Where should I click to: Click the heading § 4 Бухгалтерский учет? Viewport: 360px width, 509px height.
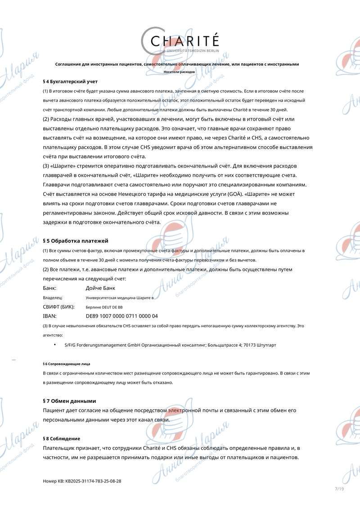click(70, 81)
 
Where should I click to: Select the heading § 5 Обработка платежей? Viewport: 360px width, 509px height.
click(75, 241)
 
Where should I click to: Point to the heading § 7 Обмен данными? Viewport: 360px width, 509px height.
click(69, 401)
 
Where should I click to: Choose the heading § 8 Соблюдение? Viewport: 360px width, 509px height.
click(61, 438)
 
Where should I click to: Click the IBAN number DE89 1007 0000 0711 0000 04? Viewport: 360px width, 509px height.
click(121, 316)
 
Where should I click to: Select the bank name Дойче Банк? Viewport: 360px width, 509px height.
click(100, 288)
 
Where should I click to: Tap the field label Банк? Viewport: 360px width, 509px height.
click(50, 288)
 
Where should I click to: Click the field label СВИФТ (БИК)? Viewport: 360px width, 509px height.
click(58, 306)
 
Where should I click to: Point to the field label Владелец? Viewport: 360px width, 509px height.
click(52, 298)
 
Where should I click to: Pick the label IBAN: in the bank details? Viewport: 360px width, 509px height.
click(49, 316)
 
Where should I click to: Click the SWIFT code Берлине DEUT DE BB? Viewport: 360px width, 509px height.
click(104, 307)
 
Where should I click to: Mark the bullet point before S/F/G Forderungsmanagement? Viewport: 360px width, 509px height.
click(55, 344)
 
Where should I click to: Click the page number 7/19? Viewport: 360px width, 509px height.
click(339, 489)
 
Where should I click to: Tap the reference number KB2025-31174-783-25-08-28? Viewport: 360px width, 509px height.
click(93, 481)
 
